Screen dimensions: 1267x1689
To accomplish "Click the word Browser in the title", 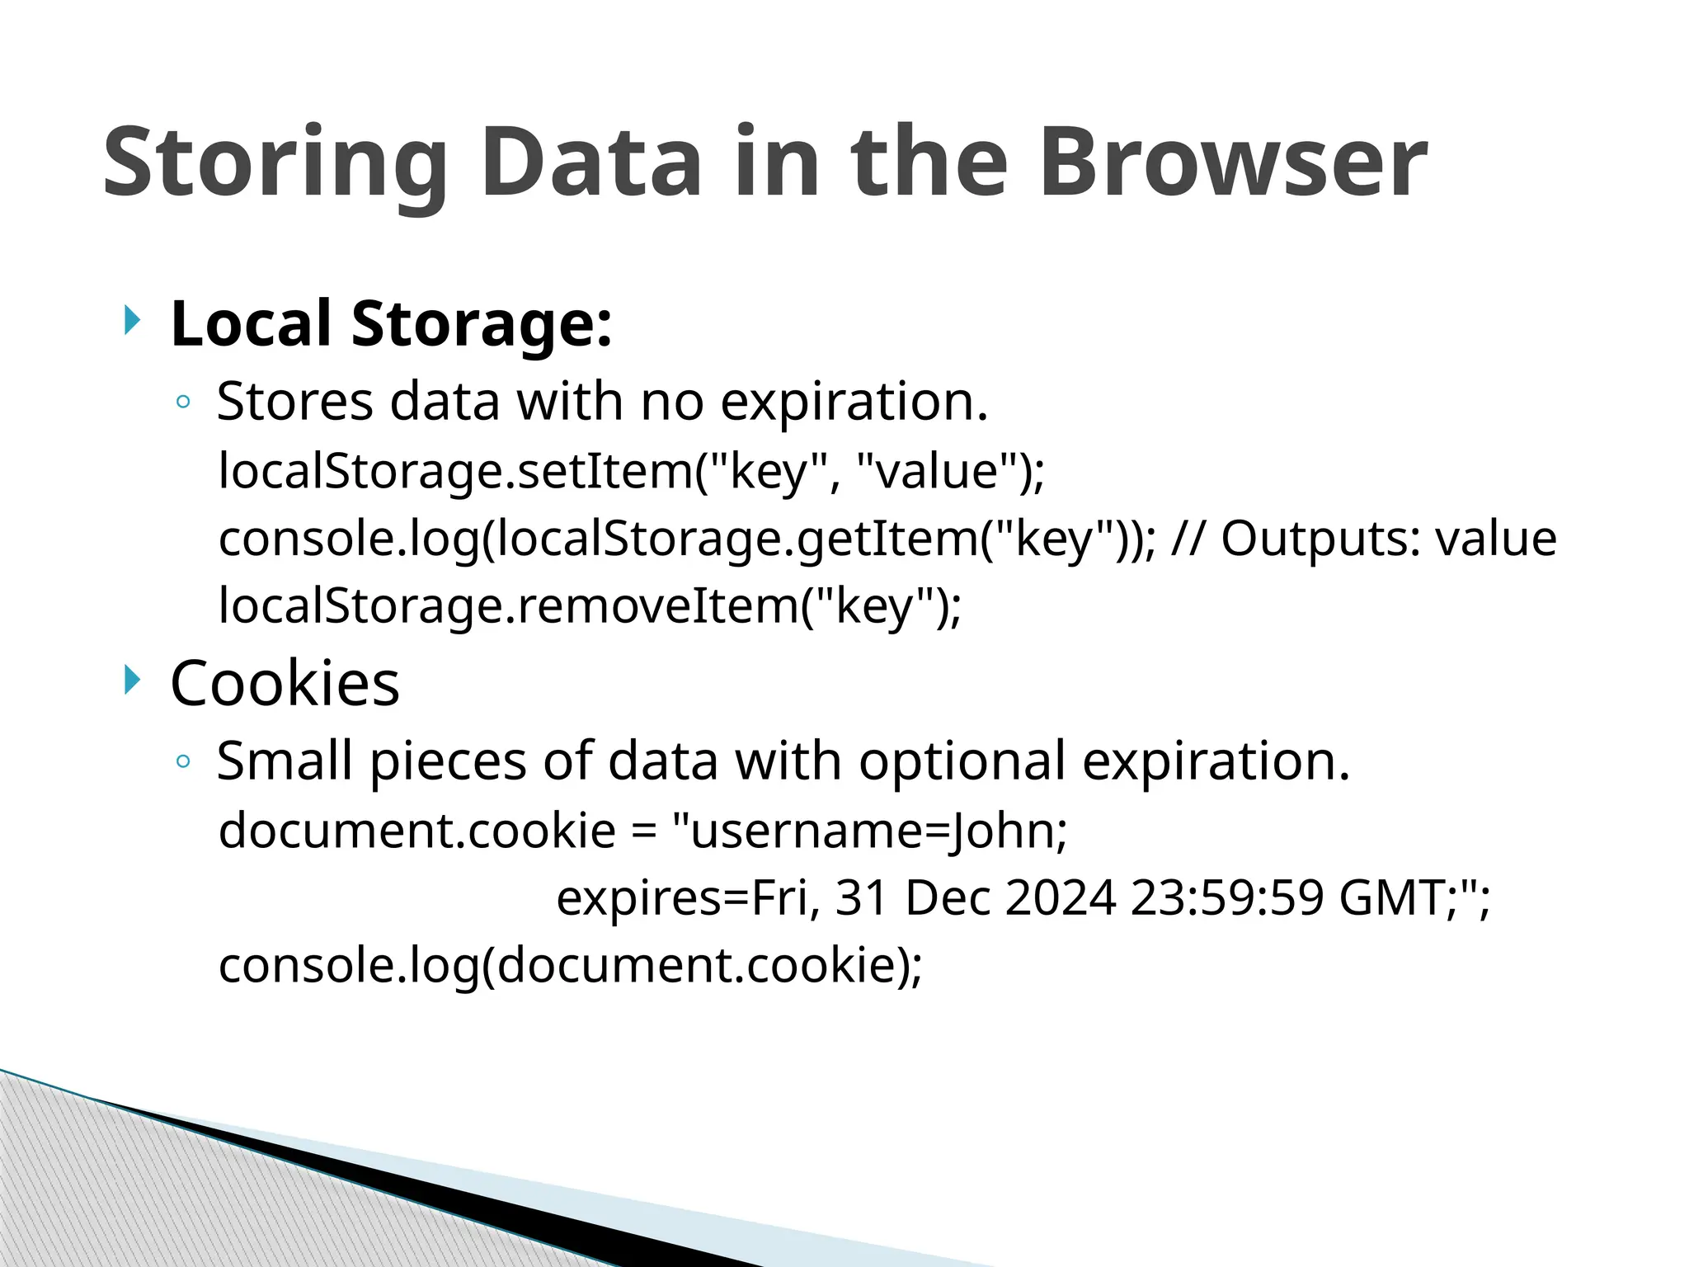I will pos(1232,162).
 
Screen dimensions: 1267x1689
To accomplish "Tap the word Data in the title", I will pos(590,162).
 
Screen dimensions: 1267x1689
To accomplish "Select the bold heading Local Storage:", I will pos(391,323).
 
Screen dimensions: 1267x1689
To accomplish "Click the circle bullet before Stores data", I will pos(183,403).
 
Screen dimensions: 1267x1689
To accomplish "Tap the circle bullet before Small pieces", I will pos(183,762).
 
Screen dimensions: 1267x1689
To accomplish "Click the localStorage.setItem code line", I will pos(631,471).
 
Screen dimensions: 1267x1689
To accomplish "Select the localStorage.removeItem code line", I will pos(589,605).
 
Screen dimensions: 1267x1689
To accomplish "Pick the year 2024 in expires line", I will pos(1061,897).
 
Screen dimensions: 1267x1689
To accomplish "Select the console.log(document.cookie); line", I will pos(570,965).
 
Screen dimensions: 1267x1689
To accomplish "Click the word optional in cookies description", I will pos(962,761).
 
